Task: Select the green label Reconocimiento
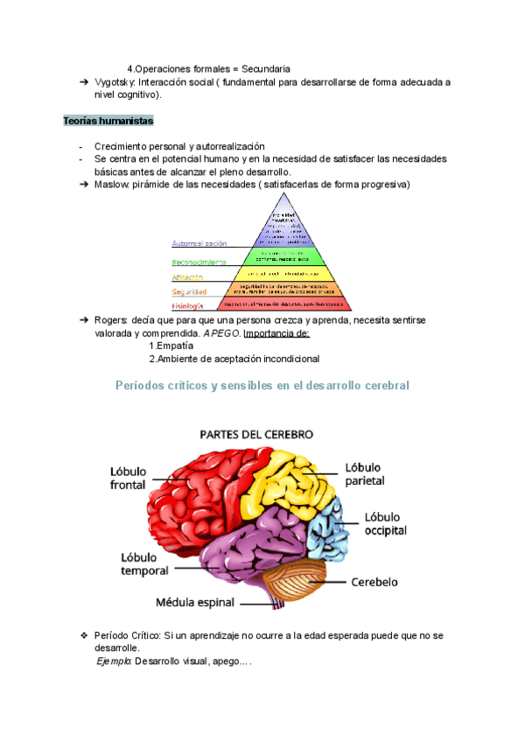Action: click(x=199, y=261)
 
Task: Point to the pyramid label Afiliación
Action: click(x=193, y=276)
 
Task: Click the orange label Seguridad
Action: click(x=189, y=291)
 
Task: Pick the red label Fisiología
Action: click(x=187, y=305)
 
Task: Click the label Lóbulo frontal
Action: click(x=128, y=478)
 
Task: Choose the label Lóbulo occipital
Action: click(x=385, y=524)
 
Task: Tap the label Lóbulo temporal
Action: click(x=145, y=564)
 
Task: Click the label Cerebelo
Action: click(x=374, y=582)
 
